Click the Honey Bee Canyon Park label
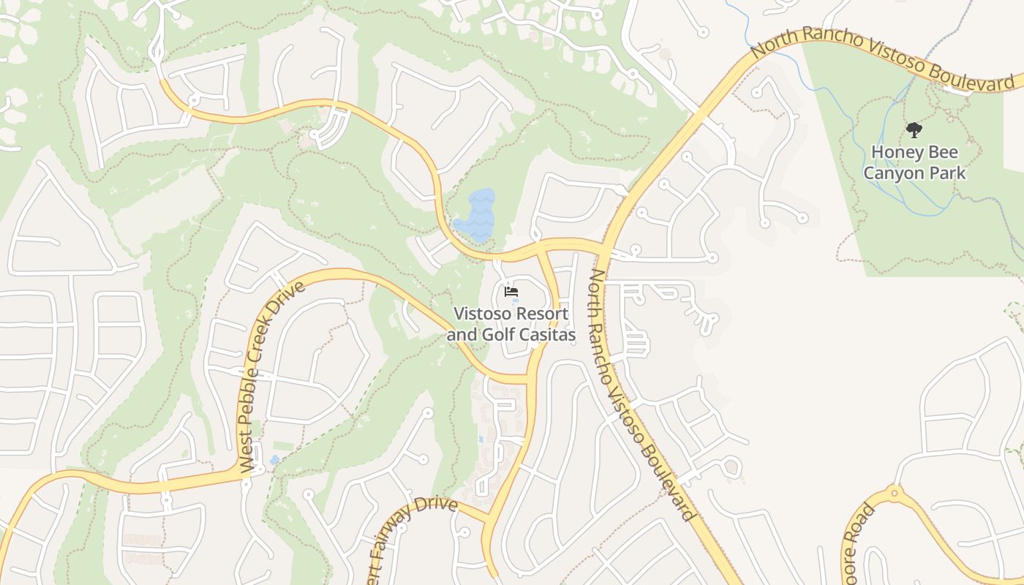[x=914, y=163]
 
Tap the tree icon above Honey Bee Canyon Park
[x=914, y=131]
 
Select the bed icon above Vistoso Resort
[x=511, y=292]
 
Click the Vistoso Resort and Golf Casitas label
[x=511, y=324]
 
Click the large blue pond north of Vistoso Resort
[x=477, y=216]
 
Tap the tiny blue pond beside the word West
[x=274, y=460]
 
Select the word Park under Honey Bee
[x=949, y=173]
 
